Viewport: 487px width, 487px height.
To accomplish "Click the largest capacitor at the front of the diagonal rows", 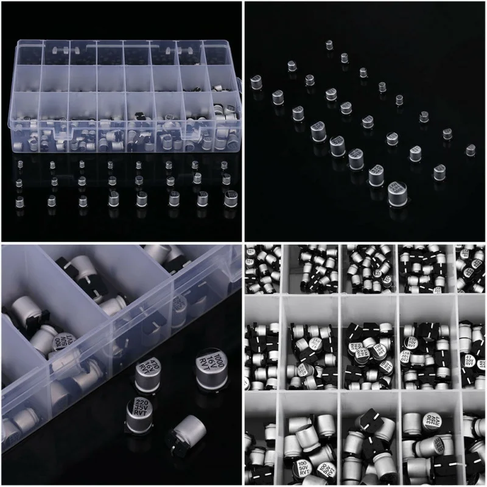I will (399, 194).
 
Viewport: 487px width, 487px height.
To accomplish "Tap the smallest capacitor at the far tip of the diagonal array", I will (329, 45).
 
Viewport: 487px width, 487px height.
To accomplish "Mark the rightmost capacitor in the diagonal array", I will (470, 150).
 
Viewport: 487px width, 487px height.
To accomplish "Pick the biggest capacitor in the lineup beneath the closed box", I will (231, 198).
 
